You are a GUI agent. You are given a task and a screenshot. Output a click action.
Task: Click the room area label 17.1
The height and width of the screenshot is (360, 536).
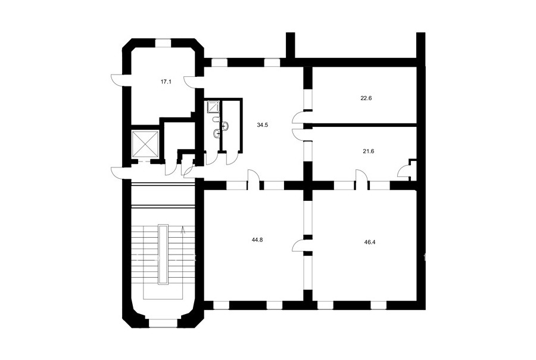pyautogui.click(x=166, y=82)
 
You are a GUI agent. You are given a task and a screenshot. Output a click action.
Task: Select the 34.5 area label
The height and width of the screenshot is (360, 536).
pyautogui.click(x=263, y=125)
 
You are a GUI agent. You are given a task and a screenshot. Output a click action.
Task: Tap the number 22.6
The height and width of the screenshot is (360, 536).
pyautogui.click(x=366, y=98)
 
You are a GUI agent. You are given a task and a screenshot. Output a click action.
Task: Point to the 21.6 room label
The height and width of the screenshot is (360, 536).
pyautogui.click(x=368, y=151)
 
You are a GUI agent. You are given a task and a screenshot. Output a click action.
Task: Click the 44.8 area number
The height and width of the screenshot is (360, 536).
pyautogui.click(x=257, y=240)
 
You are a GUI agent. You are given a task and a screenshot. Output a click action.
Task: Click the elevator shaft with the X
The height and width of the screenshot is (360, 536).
pyautogui.click(x=145, y=144)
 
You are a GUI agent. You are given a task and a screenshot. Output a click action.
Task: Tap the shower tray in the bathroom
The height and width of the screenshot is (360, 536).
pyautogui.click(x=213, y=107)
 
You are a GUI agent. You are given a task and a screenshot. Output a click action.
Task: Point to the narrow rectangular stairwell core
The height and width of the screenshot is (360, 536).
pyautogui.click(x=163, y=254)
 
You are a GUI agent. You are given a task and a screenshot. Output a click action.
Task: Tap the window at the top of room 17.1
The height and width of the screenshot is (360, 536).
pyautogui.click(x=163, y=43)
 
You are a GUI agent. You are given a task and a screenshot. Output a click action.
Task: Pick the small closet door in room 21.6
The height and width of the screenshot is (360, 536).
pyautogui.click(x=404, y=170)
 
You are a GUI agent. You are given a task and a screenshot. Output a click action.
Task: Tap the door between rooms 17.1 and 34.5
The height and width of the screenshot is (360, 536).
pyautogui.click(x=191, y=82)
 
